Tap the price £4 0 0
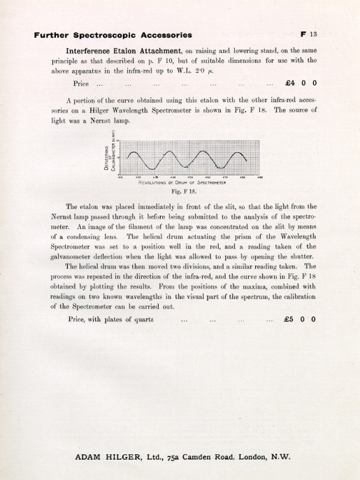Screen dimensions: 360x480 [x=296, y=84]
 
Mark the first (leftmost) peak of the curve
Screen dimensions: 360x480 [x=135, y=152]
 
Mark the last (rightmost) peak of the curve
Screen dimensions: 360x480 [x=238, y=152]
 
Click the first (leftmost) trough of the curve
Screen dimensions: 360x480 [x=151, y=168]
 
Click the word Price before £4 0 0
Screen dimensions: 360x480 [x=78, y=84]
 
